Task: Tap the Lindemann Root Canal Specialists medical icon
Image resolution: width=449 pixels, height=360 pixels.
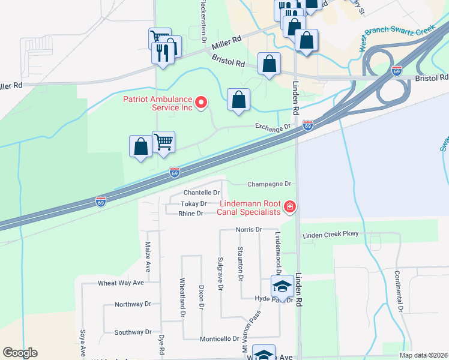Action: point(290,207)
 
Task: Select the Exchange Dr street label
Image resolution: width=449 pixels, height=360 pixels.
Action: point(273,127)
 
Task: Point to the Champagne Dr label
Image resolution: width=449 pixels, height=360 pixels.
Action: point(269,184)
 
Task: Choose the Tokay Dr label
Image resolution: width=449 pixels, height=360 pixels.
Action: point(193,204)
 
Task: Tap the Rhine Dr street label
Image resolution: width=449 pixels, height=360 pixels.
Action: point(191,213)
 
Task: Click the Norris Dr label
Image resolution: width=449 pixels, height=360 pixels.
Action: point(249,229)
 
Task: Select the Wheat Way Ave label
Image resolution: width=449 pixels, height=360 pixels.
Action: point(121,283)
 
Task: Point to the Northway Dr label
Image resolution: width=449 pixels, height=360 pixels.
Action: point(133,304)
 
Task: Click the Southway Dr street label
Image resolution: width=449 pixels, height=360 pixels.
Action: point(133,332)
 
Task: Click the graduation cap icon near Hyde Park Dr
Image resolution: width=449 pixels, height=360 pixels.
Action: point(281,286)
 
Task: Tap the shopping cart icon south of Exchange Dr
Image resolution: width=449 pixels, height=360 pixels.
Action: point(163,142)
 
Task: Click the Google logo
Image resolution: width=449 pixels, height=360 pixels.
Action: point(20,353)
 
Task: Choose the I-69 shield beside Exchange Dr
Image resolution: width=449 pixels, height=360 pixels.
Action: point(307,125)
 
